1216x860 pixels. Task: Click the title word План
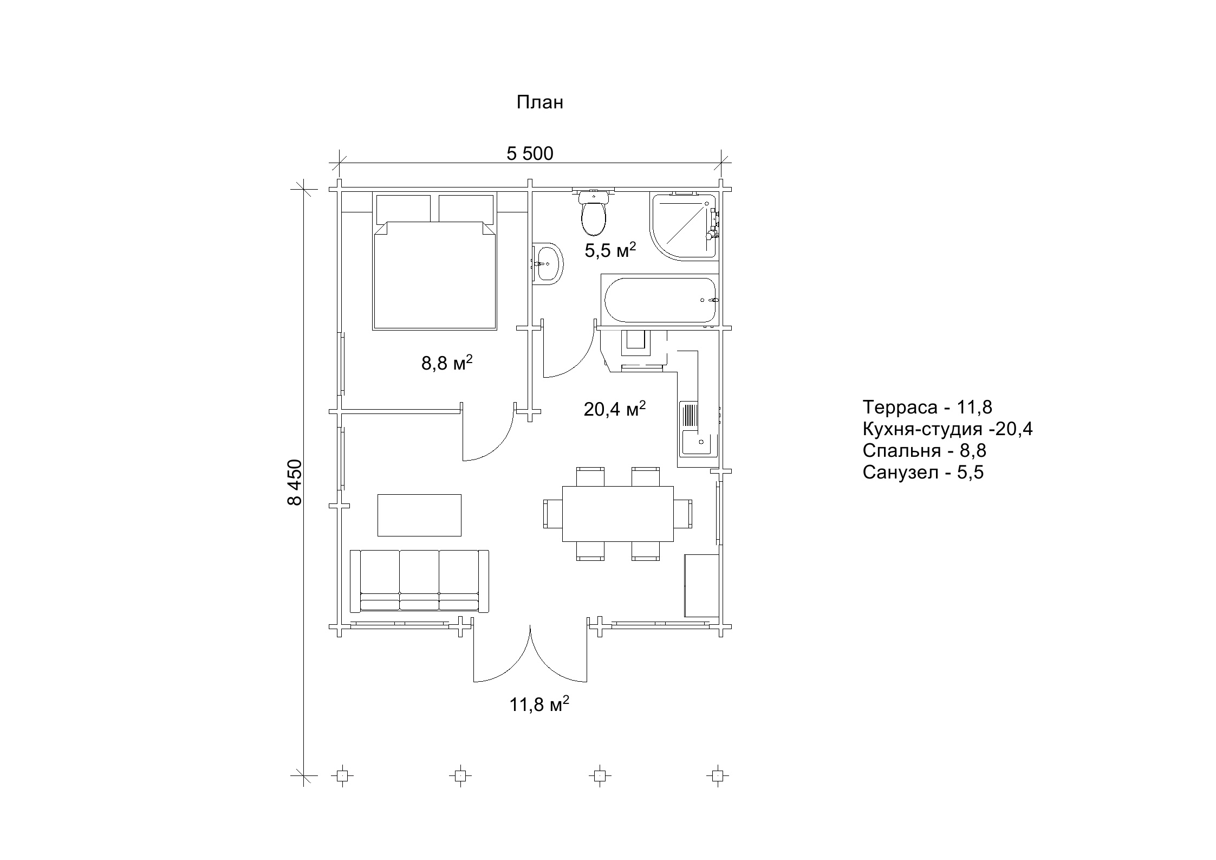tap(539, 102)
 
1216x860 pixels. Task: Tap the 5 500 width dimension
tap(530, 154)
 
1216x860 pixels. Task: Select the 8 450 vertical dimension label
tap(295, 483)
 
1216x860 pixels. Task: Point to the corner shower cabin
tap(684, 226)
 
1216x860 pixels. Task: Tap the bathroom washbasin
tap(548, 264)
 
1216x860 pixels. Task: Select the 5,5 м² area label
tap(610, 250)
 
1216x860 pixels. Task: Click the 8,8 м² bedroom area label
tap(447, 363)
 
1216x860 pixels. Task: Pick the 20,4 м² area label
tap(614, 409)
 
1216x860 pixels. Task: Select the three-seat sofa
tap(419, 581)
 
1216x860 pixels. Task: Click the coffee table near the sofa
tap(419, 515)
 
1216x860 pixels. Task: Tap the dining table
tap(618, 514)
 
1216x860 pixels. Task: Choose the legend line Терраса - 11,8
tap(927, 407)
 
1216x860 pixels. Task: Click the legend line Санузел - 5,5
tap(923, 473)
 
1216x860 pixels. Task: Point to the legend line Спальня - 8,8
tap(924, 451)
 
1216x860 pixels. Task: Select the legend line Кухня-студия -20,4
tap(948, 429)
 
